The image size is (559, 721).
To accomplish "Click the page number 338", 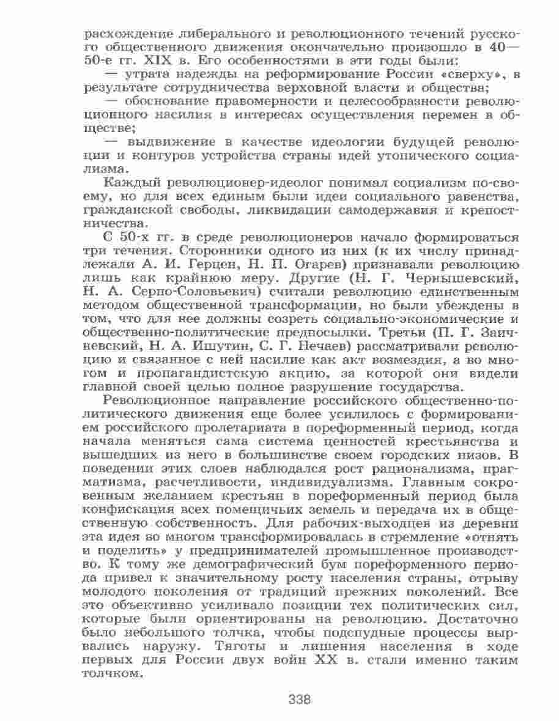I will pos(300,699).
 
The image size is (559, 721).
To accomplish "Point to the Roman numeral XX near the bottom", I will pos(328,660).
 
